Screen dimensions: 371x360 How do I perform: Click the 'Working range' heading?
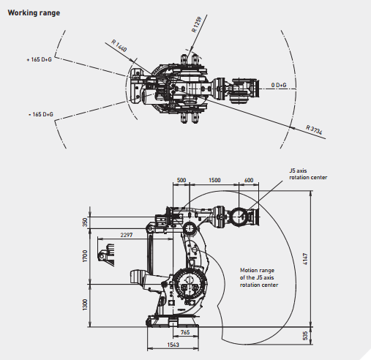tap(34, 12)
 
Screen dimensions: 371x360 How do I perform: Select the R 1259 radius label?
tap(197, 24)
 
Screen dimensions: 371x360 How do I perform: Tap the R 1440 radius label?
tap(119, 45)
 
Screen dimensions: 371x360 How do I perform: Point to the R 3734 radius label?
tap(314, 130)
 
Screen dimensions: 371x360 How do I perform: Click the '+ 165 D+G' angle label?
tap(39, 59)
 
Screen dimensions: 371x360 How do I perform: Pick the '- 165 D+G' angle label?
tap(41, 114)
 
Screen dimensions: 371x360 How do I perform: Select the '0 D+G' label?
tap(279, 85)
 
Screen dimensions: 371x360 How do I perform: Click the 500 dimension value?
tap(181, 180)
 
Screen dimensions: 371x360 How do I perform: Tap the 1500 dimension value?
tap(214, 180)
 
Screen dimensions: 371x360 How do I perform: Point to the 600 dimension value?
tap(249, 180)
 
